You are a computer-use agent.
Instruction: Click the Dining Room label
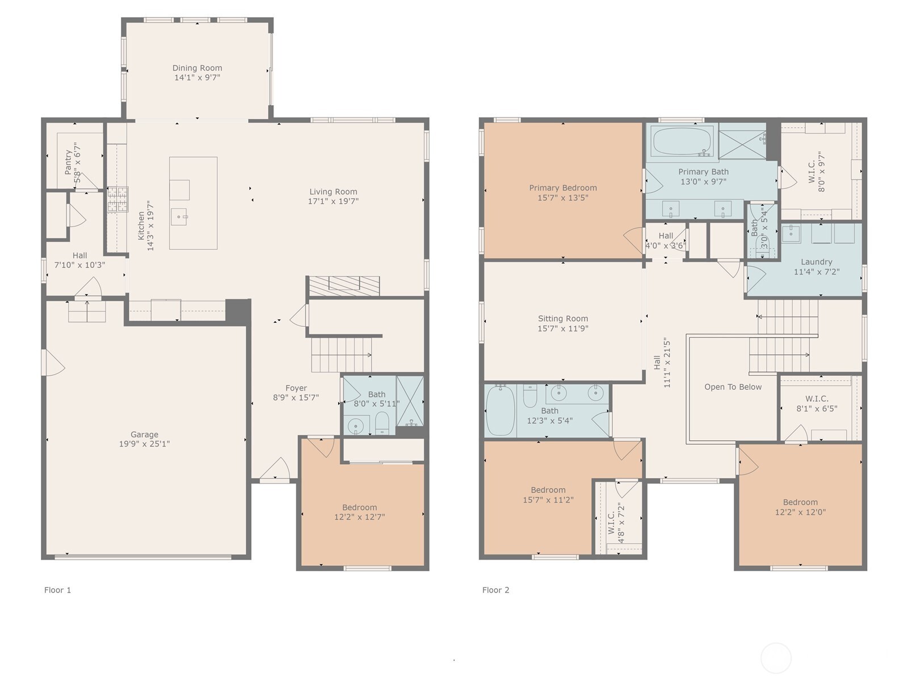pos(197,68)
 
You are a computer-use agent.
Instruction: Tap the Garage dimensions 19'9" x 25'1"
pos(144,444)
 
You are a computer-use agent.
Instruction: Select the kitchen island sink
pos(180,217)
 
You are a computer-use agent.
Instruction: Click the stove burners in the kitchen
pos(118,199)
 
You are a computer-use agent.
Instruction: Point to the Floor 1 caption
pos(57,590)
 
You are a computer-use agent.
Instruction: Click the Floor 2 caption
pos(495,590)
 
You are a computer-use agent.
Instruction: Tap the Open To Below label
pos(733,387)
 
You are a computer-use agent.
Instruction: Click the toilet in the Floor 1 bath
pos(382,423)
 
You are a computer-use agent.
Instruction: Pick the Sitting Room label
pos(562,319)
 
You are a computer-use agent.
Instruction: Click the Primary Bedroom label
pos(562,188)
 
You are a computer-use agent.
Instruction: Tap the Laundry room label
pos(816,262)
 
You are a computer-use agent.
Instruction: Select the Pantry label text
pos(68,162)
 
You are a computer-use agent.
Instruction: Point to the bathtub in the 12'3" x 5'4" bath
pos(500,410)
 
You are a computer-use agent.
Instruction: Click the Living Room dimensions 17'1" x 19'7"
pos(333,201)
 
